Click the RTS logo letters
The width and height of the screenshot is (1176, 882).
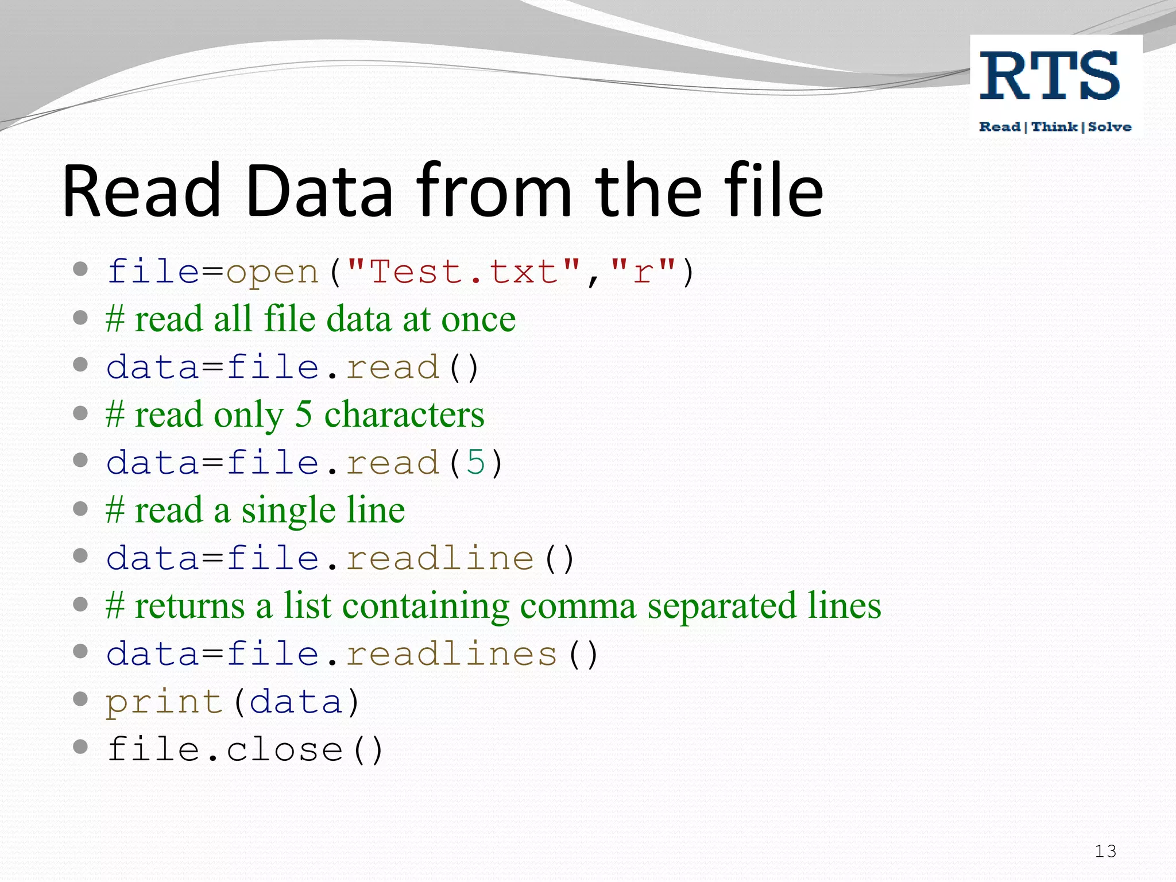pos(1049,76)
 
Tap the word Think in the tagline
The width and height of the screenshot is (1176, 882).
pos(1054,127)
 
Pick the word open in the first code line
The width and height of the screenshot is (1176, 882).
pos(272,273)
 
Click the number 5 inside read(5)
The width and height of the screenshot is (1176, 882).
pos(475,462)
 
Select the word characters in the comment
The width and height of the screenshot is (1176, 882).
pos(404,415)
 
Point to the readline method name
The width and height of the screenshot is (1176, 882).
pos(440,558)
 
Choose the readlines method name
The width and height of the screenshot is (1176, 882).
pos(451,654)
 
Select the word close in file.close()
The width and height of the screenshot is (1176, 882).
pos(285,750)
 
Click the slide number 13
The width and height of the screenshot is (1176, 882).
pos(1105,851)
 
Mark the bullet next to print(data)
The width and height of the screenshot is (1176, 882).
pos(80,699)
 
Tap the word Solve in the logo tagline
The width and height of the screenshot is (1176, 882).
pos(1109,127)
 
